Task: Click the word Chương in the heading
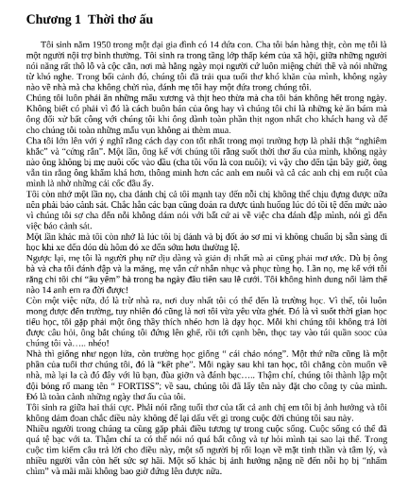tap(37, 18)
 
